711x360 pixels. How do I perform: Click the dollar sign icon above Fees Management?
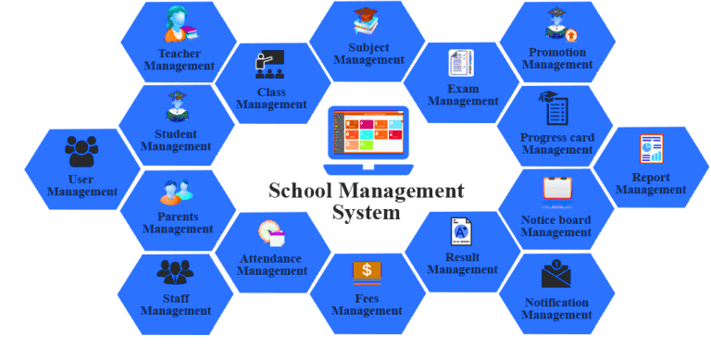(x=367, y=271)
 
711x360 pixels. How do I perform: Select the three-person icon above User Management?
(x=81, y=151)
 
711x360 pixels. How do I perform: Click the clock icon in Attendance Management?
(x=270, y=232)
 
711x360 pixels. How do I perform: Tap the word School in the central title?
(x=302, y=191)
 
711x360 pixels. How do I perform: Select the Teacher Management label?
(x=180, y=60)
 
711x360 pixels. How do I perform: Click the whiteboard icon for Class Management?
(x=270, y=65)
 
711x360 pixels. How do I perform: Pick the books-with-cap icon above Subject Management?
(x=368, y=21)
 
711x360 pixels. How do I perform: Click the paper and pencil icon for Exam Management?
(x=461, y=63)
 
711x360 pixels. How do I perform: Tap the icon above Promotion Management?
(x=557, y=25)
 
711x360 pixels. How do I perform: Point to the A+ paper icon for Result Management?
(x=461, y=231)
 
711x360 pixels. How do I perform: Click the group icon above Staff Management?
(x=175, y=272)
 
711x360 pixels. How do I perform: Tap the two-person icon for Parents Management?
(x=177, y=192)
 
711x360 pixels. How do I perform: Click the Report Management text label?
(x=651, y=183)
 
